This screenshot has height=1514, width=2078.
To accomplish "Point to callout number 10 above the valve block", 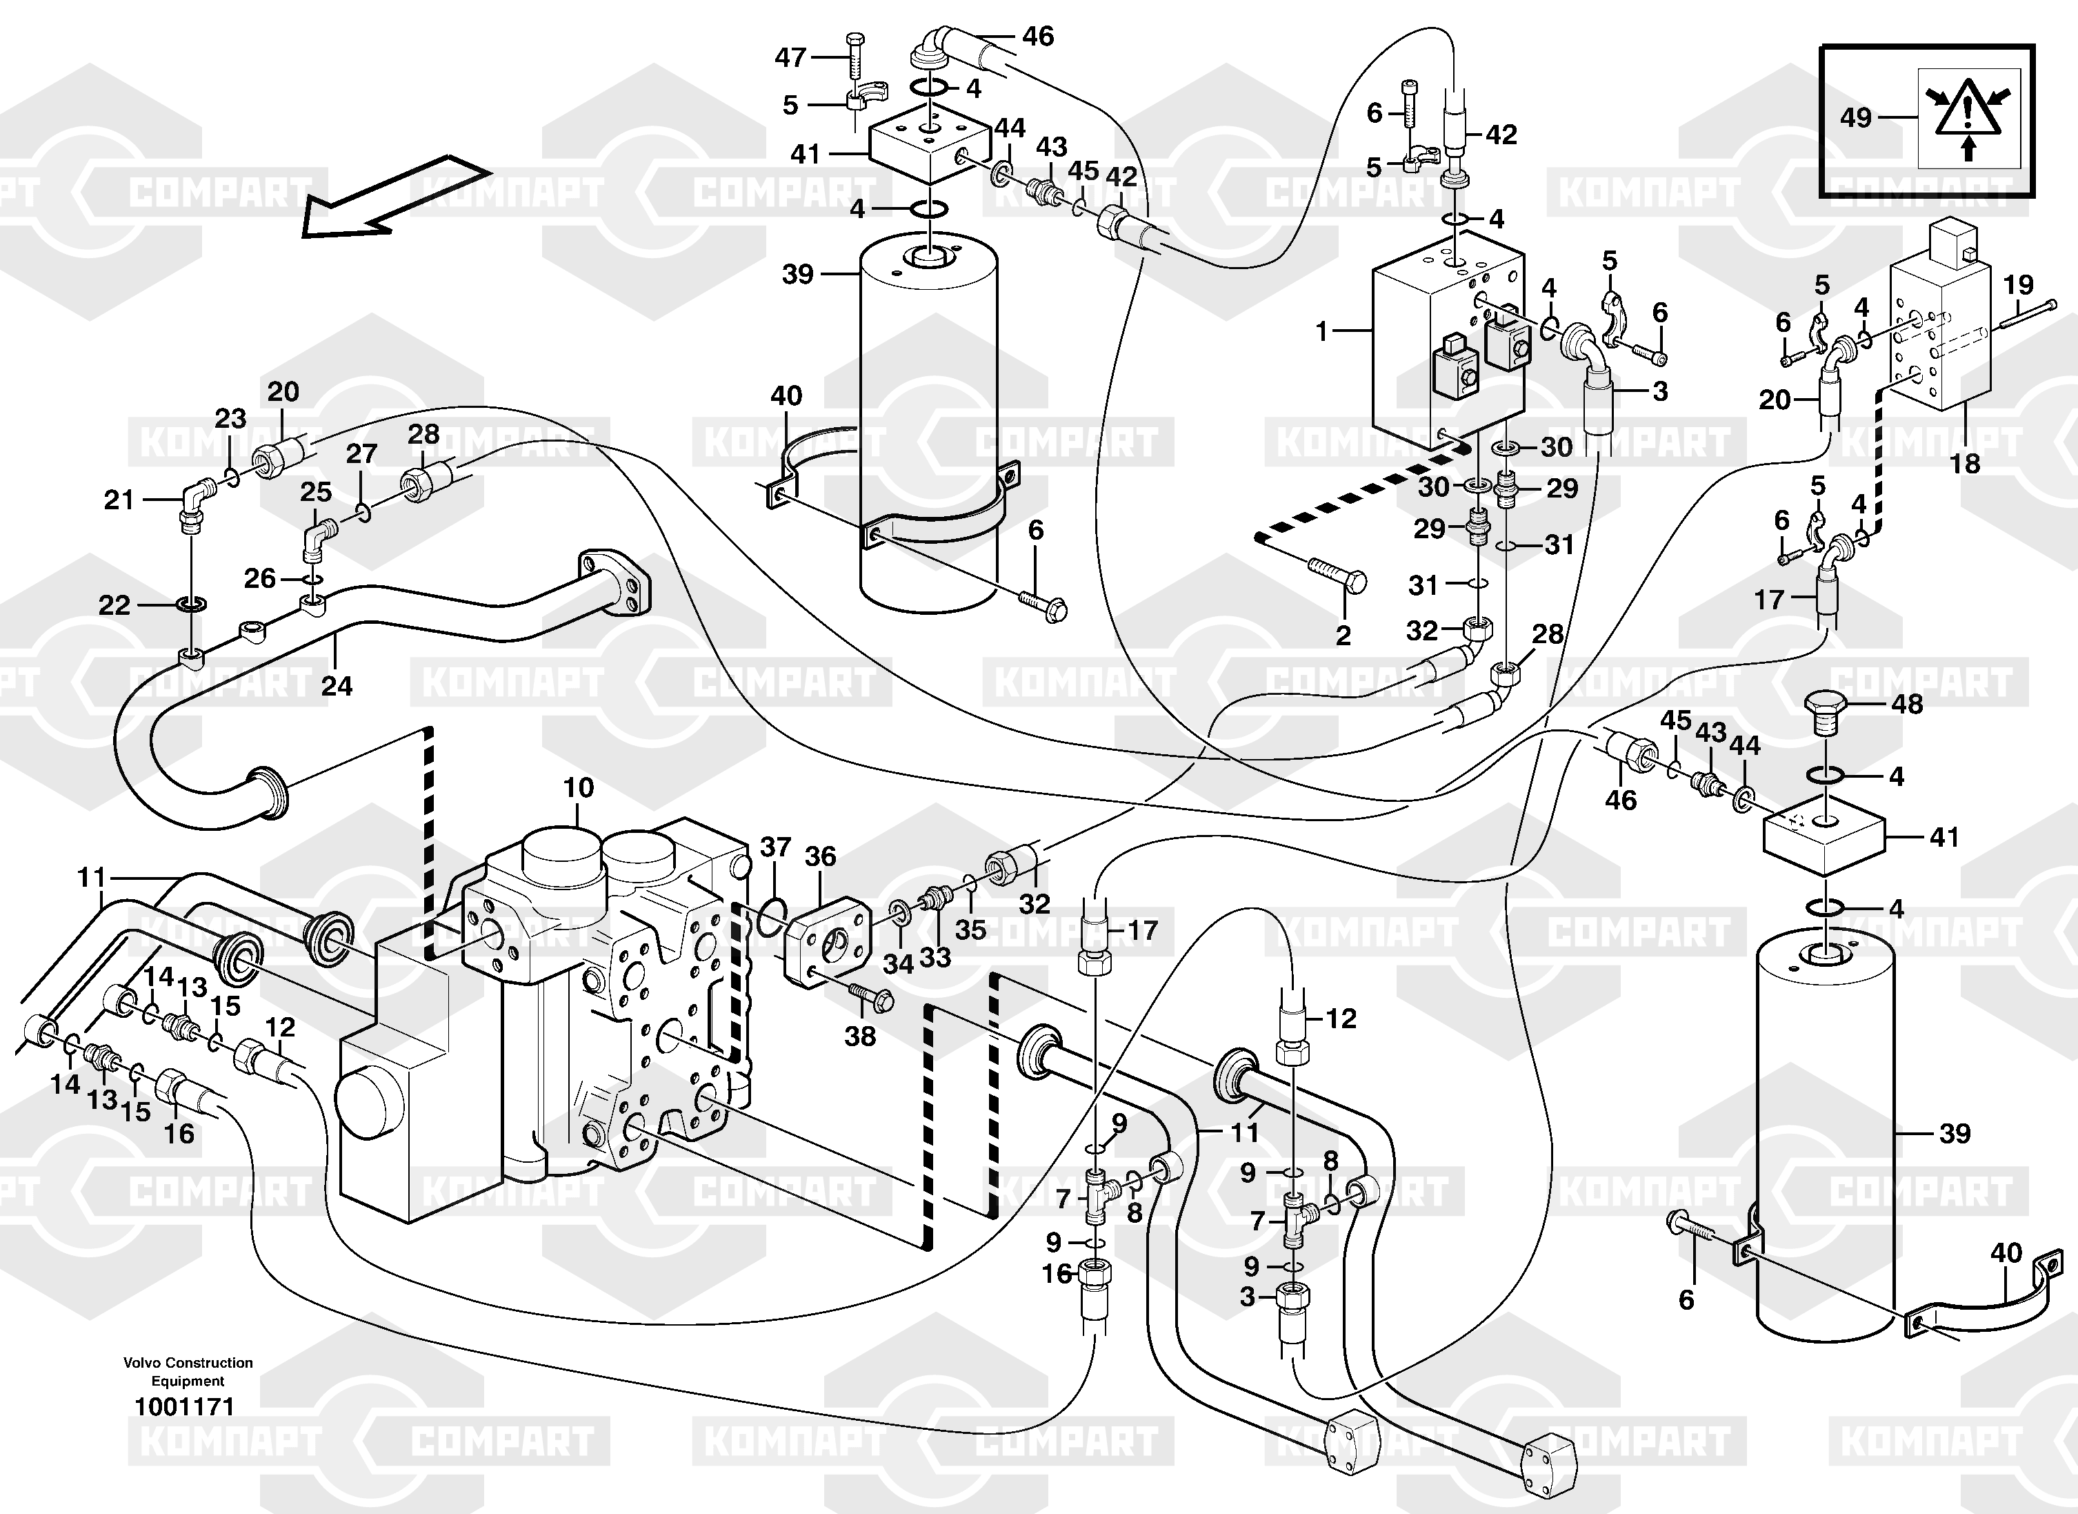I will [x=578, y=787].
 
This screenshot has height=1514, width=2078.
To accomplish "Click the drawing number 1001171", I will [x=185, y=1406].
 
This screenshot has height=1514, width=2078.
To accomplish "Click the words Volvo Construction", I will [x=188, y=1363].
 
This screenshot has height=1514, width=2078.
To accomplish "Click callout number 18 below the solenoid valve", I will [x=1964, y=464].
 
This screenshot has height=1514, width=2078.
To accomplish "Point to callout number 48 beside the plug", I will [x=1908, y=704].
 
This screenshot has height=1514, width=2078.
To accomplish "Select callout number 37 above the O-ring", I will [x=775, y=847].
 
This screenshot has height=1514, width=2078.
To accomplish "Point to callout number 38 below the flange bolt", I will [x=859, y=1036].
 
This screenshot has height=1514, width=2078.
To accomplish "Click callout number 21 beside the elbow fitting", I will [x=119, y=500].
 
